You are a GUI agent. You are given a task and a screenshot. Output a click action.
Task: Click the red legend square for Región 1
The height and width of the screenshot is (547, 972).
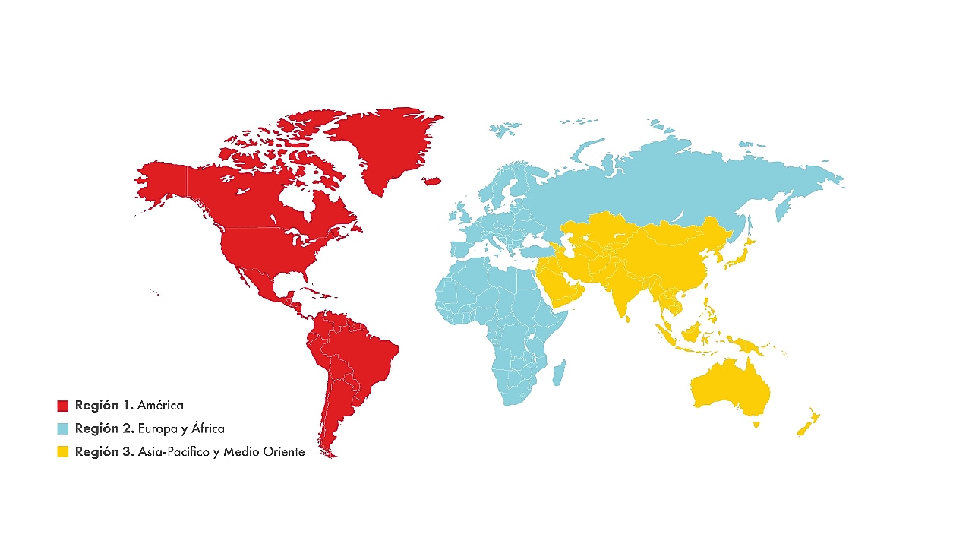click(63, 406)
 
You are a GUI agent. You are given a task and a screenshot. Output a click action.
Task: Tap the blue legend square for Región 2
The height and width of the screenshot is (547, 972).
click(63, 428)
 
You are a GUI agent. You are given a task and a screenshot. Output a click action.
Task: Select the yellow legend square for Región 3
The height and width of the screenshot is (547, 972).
click(63, 451)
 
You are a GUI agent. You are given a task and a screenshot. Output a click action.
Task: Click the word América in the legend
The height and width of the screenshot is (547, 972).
click(160, 406)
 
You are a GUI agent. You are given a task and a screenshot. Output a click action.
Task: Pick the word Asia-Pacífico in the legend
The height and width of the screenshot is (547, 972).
click(168, 452)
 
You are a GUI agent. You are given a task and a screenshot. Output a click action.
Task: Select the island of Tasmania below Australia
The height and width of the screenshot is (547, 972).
click(756, 425)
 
